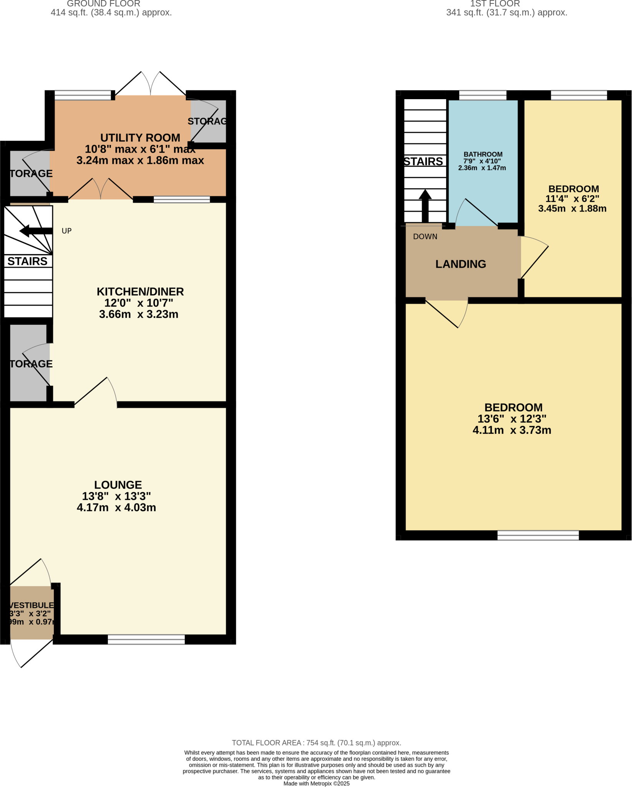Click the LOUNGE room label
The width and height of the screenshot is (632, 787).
[x=118, y=485]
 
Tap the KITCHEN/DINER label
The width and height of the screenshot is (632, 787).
[x=140, y=292]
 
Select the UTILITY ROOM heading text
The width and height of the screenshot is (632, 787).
[x=140, y=138]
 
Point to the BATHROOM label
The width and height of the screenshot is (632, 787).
[x=483, y=154]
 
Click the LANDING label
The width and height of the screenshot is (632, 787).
[x=461, y=264]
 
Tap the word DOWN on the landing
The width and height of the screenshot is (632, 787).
[x=425, y=237]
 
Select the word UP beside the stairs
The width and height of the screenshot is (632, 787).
[x=66, y=231]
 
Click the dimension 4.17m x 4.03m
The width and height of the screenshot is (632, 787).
[x=116, y=508]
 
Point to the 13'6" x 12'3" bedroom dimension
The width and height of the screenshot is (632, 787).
[x=512, y=418]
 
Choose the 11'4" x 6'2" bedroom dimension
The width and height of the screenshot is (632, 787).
[x=572, y=199]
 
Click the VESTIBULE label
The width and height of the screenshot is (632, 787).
[x=32, y=605]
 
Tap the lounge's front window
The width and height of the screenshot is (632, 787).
[x=146, y=639]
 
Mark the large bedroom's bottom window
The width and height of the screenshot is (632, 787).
[x=538, y=535]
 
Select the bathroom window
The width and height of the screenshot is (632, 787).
[x=483, y=95]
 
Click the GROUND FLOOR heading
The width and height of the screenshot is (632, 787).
[x=103, y=4]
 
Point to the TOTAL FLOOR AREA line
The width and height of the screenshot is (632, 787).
[x=316, y=743]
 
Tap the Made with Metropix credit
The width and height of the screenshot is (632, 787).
[x=316, y=784]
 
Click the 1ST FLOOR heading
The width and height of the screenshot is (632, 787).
[x=495, y=4]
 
